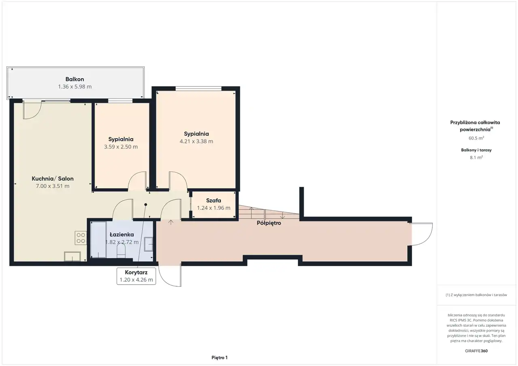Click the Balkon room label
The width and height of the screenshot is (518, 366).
click(x=75, y=79)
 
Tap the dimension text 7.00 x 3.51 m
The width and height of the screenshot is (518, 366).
click(x=53, y=186)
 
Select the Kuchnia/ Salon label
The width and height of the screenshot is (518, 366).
click(x=53, y=179)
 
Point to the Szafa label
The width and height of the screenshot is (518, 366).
click(x=213, y=200)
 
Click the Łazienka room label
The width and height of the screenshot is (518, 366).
click(x=122, y=235)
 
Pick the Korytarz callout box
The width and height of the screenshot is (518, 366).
click(x=136, y=276)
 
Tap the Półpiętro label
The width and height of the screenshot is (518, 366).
click(x=269, y=223)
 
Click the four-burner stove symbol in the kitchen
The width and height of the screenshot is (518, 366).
click(x=81, y=238)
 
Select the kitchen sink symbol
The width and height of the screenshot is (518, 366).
click(x=72, y=256)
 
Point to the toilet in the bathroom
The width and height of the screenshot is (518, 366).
click(x=121, y=251)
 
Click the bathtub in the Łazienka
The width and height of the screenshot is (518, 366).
click(x=98, y=239)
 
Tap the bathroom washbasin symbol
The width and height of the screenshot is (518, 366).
click(x=149, y=244)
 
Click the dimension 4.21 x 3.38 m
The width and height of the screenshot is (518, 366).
click(x=196, y=141)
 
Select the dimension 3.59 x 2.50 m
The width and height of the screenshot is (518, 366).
click(x=121, y=147)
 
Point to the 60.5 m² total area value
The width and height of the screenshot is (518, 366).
click(x=476, y=138)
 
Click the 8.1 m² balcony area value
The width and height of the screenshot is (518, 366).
click(x=476, y=157)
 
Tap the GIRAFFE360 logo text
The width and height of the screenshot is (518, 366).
click(x=476, y=351)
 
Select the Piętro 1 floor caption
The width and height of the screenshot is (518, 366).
click(x=219, y=358)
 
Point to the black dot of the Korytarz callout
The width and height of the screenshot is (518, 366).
click(x=146, y=205)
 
